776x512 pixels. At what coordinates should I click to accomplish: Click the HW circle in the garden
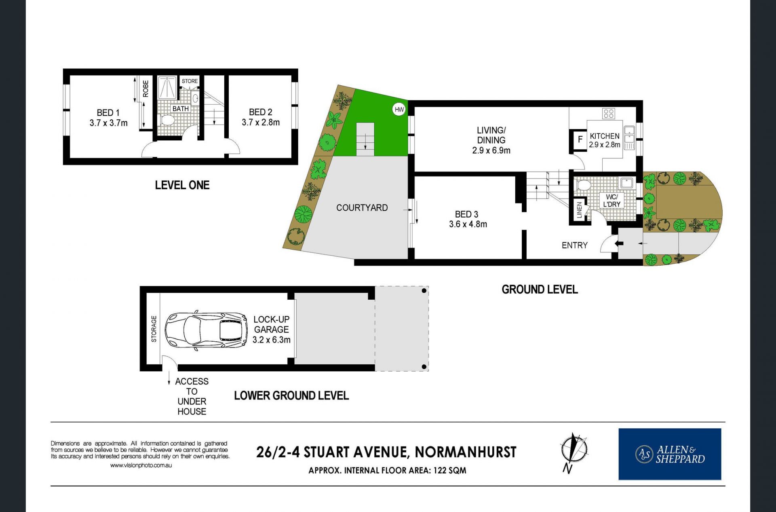399,110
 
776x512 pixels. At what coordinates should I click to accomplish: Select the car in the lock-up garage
206,330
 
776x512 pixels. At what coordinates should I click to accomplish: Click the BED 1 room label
108,113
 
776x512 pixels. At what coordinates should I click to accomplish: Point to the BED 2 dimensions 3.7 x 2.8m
261,122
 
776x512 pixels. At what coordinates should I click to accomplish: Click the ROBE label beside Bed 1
145,89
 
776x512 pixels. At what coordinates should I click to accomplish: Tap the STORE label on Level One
190,81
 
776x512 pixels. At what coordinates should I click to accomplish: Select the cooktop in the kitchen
609,114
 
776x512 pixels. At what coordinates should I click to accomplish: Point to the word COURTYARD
362,207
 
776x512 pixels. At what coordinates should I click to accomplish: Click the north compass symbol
573,452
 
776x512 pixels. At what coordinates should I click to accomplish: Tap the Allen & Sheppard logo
670,454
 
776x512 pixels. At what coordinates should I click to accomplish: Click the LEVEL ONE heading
182,185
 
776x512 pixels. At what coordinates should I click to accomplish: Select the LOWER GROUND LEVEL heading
291,396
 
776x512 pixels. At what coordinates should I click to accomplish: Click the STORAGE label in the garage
154,329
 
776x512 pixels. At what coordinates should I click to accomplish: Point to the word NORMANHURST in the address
466,452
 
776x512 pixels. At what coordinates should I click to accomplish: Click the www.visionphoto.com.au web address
141,465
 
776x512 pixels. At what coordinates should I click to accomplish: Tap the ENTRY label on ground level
574,245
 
